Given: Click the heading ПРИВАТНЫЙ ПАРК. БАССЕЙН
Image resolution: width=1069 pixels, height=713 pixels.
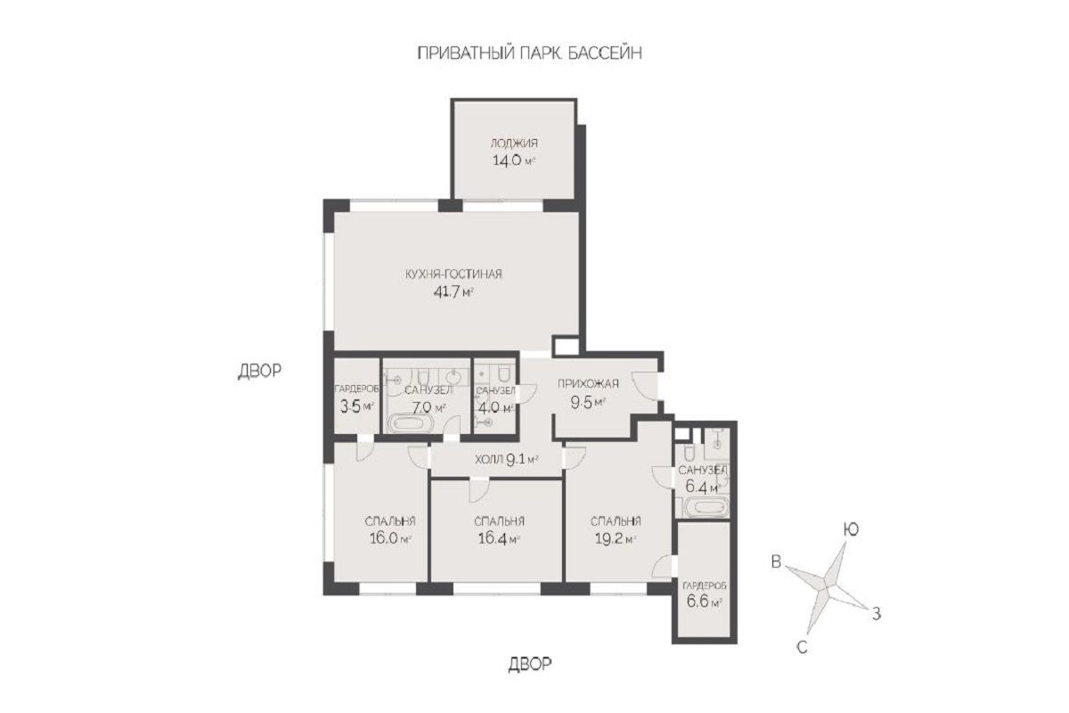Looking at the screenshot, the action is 529,53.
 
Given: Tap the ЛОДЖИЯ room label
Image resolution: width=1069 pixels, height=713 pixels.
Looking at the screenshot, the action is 514,143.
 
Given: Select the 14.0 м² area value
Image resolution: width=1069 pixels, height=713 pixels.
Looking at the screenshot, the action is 513,160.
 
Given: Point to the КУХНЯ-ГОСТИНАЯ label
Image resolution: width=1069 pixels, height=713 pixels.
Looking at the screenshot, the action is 453,275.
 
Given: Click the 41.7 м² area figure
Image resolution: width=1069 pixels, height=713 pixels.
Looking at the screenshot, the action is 453,291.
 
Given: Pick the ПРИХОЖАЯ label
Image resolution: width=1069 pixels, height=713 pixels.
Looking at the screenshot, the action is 588,383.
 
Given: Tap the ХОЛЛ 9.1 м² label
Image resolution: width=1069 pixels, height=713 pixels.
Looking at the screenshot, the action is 507,460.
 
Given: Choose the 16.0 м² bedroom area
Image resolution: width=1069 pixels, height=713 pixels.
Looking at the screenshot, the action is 390,538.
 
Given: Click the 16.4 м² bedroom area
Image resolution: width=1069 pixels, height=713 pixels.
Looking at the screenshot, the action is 499,538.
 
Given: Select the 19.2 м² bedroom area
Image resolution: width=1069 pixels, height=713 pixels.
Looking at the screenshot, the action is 616,538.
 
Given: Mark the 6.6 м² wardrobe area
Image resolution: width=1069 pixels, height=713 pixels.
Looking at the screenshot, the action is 704,601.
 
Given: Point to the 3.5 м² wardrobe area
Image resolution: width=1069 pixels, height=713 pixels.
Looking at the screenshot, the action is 356,406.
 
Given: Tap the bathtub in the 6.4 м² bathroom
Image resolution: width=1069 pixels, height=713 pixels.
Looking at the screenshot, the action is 706,507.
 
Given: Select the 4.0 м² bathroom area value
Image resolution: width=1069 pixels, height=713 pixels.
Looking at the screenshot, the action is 495,408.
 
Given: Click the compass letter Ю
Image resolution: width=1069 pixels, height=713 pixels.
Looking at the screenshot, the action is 851,529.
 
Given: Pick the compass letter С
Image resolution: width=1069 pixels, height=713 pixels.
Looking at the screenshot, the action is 803,647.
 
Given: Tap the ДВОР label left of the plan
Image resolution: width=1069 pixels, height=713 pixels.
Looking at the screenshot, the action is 259,371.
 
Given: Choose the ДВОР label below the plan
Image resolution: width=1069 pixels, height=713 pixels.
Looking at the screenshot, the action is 530,664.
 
